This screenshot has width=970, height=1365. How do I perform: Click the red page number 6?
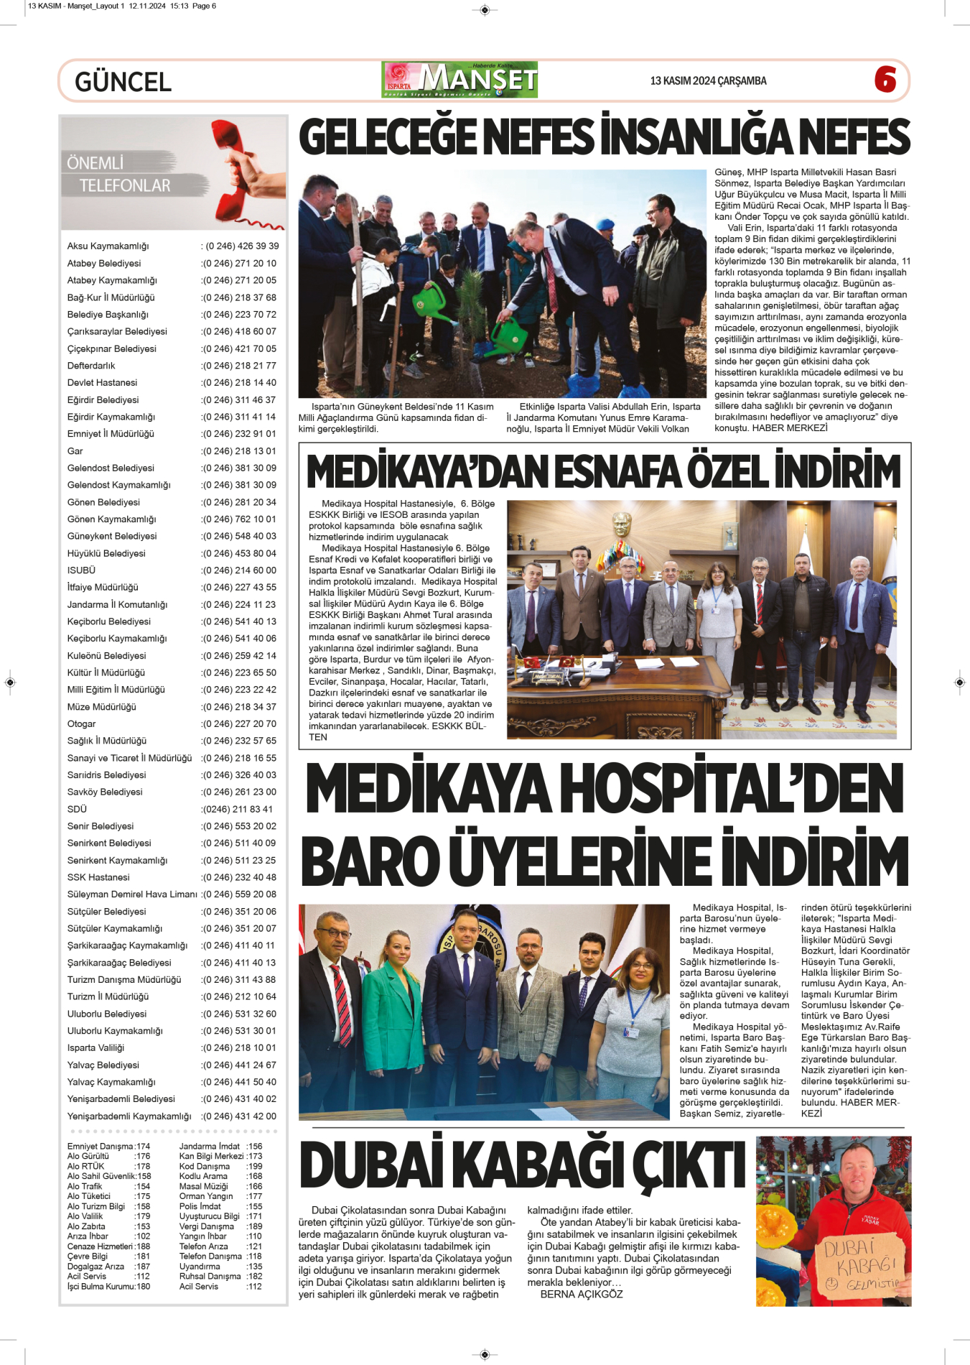click(x=885, y=80)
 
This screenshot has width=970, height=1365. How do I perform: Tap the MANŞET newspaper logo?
click(x=460, y=80)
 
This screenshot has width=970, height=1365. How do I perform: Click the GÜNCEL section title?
click(x=123, y=82)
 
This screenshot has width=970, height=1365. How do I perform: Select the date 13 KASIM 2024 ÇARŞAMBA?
click(x=708, y=81)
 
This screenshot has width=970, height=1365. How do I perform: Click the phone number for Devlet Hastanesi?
click(x=239, y=383)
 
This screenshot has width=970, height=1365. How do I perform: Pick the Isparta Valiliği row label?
click(x=95, y=1048)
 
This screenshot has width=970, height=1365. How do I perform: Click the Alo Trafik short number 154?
click(x=143, y=1187)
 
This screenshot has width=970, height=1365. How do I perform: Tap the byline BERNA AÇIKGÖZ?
click(x=582, y=1295)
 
